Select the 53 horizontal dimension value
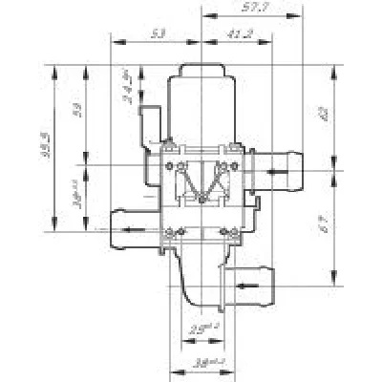158,33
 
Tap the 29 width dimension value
200,330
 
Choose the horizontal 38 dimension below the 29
200,363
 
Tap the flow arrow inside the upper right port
277,172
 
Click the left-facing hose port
123,225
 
